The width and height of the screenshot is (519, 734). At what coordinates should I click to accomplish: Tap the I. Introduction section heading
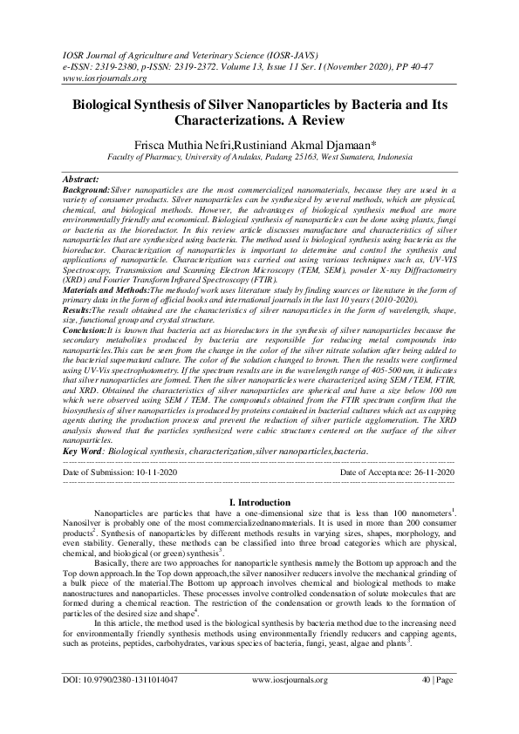259,503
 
